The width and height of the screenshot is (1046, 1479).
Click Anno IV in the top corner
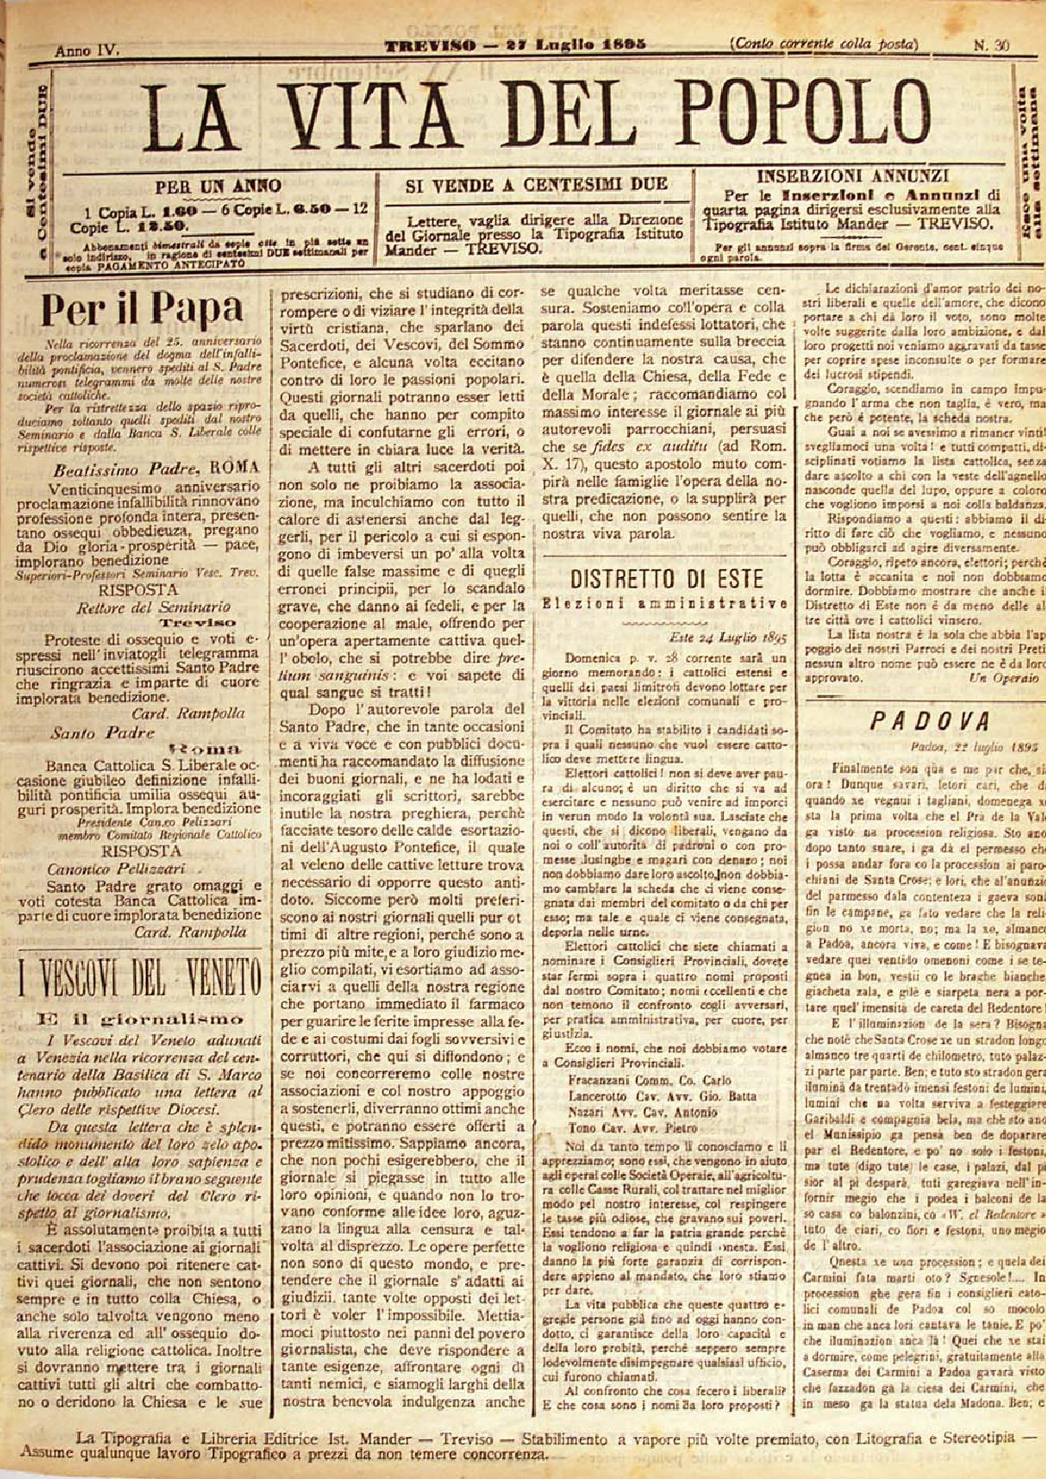point(87,48)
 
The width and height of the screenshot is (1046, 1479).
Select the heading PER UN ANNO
point(218,187)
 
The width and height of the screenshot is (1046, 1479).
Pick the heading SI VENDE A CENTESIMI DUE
point(537,184)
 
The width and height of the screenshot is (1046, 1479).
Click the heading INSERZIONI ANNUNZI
point(854,176)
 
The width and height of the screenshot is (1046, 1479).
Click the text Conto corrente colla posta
point(824,44)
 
